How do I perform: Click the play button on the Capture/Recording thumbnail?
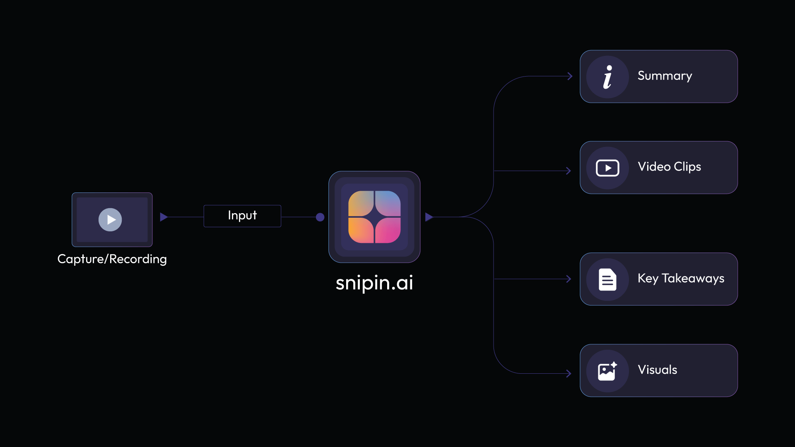(x=110, y=220)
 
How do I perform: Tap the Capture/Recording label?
(x=112, y=259)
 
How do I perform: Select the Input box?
(x=242, y=216)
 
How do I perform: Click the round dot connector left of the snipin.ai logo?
(x=320, y=217)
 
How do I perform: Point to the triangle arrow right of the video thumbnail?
(x=164, y=217)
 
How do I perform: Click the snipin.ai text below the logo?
(x=374, y=283)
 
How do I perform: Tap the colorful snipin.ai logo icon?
(x=374, y=217)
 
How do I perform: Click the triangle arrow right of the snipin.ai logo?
(x=429, y=217)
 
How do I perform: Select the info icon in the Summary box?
(x=607, y=77)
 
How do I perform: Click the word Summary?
(x=665, y=76)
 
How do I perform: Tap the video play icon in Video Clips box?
(x=607, y=168)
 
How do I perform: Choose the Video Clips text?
(x=669, y=167)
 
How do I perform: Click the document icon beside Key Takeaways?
(x=607, y=280)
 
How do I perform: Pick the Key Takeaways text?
(x=681, y=279)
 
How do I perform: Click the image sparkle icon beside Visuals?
(x=607, y=371)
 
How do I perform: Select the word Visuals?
(x=657, y=370)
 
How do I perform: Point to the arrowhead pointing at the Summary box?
(x=570, y=76)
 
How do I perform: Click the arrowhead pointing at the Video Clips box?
(x=569, y=171)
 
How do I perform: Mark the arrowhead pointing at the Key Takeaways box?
(x=569, y=279)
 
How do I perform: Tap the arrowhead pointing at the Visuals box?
(x=569, y=374)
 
